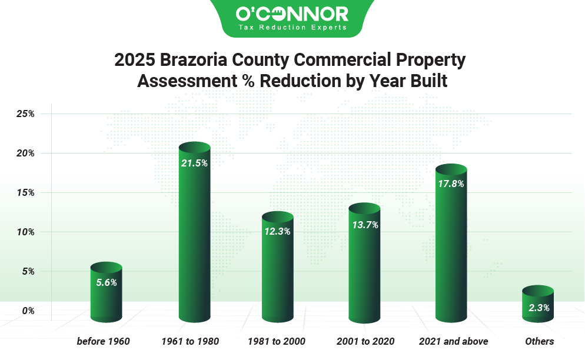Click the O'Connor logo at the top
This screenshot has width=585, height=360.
coord(292,14)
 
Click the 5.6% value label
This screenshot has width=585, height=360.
coord(107,282)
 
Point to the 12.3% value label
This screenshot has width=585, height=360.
coord(278,232)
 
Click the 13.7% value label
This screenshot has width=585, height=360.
coord(364,225)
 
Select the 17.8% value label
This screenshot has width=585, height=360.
coord(451,184)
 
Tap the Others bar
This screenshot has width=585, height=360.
coord(538,309)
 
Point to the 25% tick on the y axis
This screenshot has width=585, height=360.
coord(25,114)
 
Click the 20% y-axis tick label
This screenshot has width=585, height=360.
coord(25,153)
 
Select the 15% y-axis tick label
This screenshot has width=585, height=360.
coord(25,192)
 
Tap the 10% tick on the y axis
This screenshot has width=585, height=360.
coord(25,232)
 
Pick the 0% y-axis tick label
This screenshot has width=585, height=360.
coord(28,311)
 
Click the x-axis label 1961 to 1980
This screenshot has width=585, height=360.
coord(190,341)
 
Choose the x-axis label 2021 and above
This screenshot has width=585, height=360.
coord(453,341)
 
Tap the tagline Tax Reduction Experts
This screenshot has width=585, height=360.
coord(292,27)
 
